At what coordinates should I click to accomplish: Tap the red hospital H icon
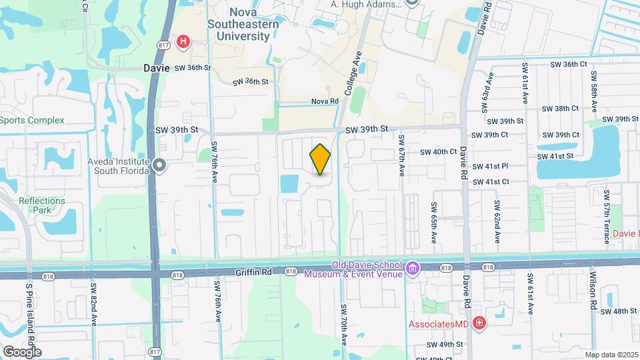[183, 43]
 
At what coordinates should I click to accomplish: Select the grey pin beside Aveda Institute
[159, 165]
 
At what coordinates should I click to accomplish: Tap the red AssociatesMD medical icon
[478, 323]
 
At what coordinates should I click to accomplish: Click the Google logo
[22, 351]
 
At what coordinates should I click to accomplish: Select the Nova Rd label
[325, 101]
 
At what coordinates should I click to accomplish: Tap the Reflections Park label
[42, 205]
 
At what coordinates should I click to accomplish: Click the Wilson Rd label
[593, 291]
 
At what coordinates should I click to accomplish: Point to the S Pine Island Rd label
[29, 320]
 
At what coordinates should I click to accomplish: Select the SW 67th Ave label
[401, 155]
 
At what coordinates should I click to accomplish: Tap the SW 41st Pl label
[491, 166]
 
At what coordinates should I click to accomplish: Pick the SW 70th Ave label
[344, 325]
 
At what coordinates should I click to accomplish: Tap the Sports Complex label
[32, 120]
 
